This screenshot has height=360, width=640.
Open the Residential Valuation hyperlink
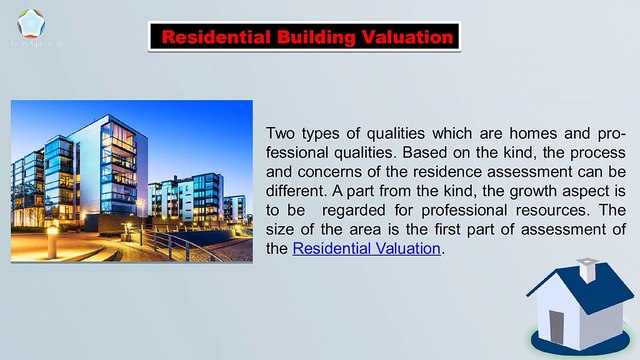(366, 248)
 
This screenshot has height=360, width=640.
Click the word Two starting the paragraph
(283, 134)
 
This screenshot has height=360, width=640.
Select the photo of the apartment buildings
(131, 181)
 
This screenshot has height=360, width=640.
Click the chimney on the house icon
(588, 269)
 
